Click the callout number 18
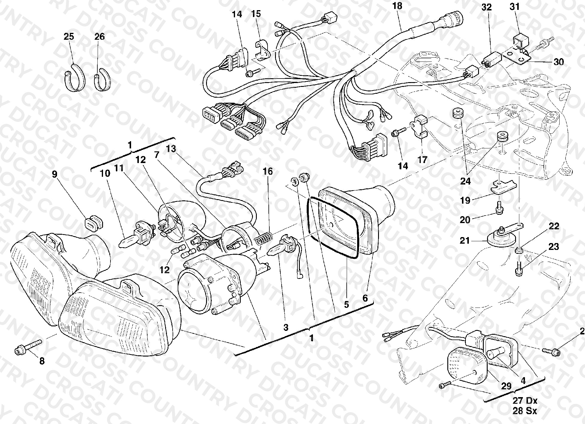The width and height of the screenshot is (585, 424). pos(397,6)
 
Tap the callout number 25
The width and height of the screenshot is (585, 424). pos(69,36)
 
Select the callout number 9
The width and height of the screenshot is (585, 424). pos(55,174)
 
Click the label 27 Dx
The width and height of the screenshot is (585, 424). pos(525,400)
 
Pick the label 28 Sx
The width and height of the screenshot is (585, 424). pos(525,411)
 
